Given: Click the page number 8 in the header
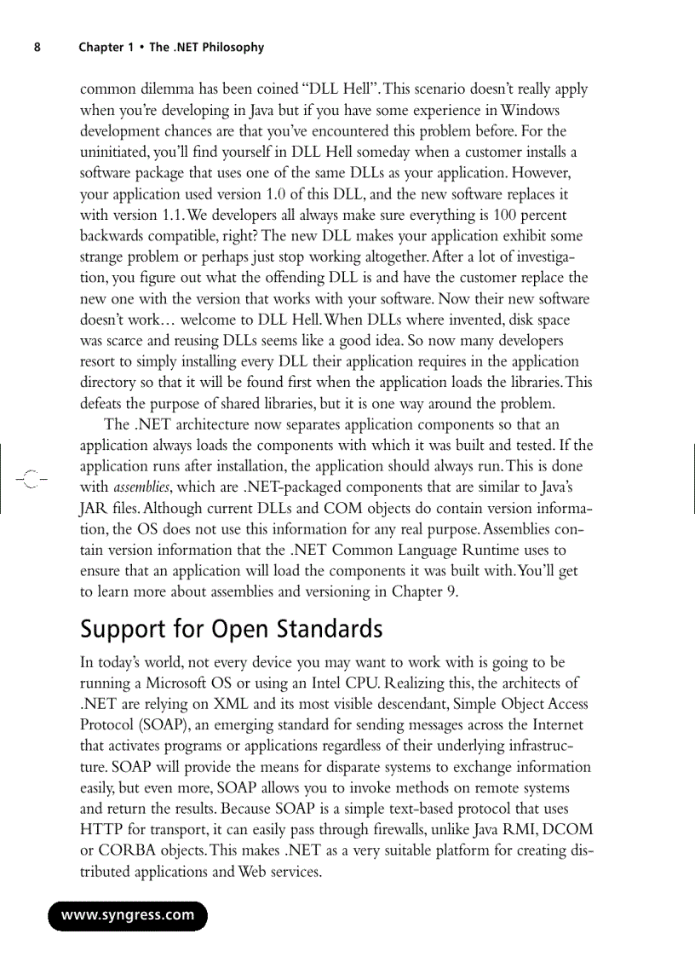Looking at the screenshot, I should [37, 48].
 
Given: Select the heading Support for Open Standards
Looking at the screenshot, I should [231, 630].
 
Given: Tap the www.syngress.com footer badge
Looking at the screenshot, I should [128, 916].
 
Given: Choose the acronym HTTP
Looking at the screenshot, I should [103, 829].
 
